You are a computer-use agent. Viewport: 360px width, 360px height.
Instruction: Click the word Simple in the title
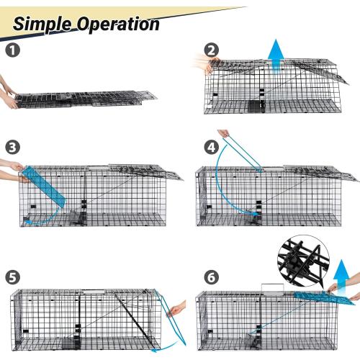pyautogui.click(x=45, y=23)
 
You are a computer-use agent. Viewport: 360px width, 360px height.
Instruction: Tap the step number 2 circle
pyautogui.click(x=210, y=50)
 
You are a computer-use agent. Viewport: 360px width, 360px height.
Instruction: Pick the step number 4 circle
pyautogui.click(x=210, y=146)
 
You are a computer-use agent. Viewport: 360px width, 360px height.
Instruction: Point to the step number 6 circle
pyautogui.click(x=210, y=276)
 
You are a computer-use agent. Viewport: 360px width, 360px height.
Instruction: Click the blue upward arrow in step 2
pyautogui.click(x=276, y=55)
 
